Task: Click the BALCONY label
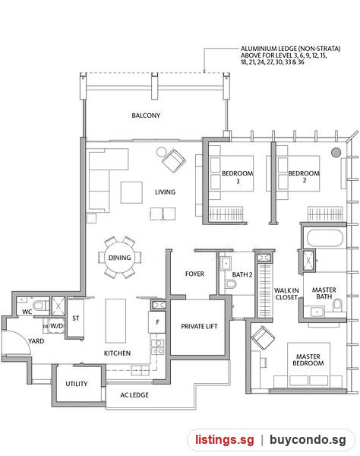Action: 146,116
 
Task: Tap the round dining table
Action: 120,258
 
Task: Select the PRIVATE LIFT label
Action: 199,326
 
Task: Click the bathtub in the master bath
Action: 324,238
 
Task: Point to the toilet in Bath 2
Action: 231,283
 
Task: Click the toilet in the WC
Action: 39,306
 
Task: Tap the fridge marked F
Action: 157,322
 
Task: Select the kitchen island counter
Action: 115,321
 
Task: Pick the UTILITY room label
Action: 77,384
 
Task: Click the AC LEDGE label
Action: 134,395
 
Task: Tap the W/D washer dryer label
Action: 56,326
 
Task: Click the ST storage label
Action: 75,318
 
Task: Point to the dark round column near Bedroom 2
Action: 336,153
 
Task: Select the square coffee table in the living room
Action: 131,192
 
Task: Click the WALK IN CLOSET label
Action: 286,293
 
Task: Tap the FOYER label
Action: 194,274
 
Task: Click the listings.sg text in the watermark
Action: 224,439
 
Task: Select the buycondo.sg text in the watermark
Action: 308,439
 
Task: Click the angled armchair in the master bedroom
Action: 263,337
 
